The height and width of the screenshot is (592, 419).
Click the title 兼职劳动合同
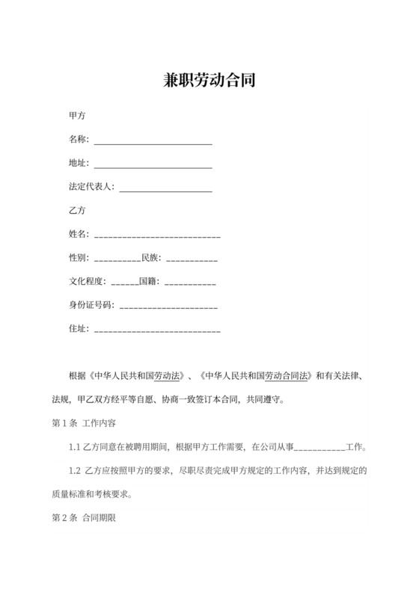pyautogui.click(x=209, y=80)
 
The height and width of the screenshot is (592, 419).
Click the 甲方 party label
pyautogui.click(x=77, y=117)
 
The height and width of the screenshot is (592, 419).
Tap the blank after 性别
pyautogui.click(x=117, y=259)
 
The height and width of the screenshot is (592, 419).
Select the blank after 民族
pyautogui.click(x=192, y=259)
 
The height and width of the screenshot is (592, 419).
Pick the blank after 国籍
pyautogui.click(x=190, y=283)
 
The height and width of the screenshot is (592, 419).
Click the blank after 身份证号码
pyautogui.click(x=168, y=307)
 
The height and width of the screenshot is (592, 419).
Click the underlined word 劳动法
pyautogui.click(x=168, y=375)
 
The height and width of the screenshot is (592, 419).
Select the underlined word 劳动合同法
pyautogui.click(x=285, y=375)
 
